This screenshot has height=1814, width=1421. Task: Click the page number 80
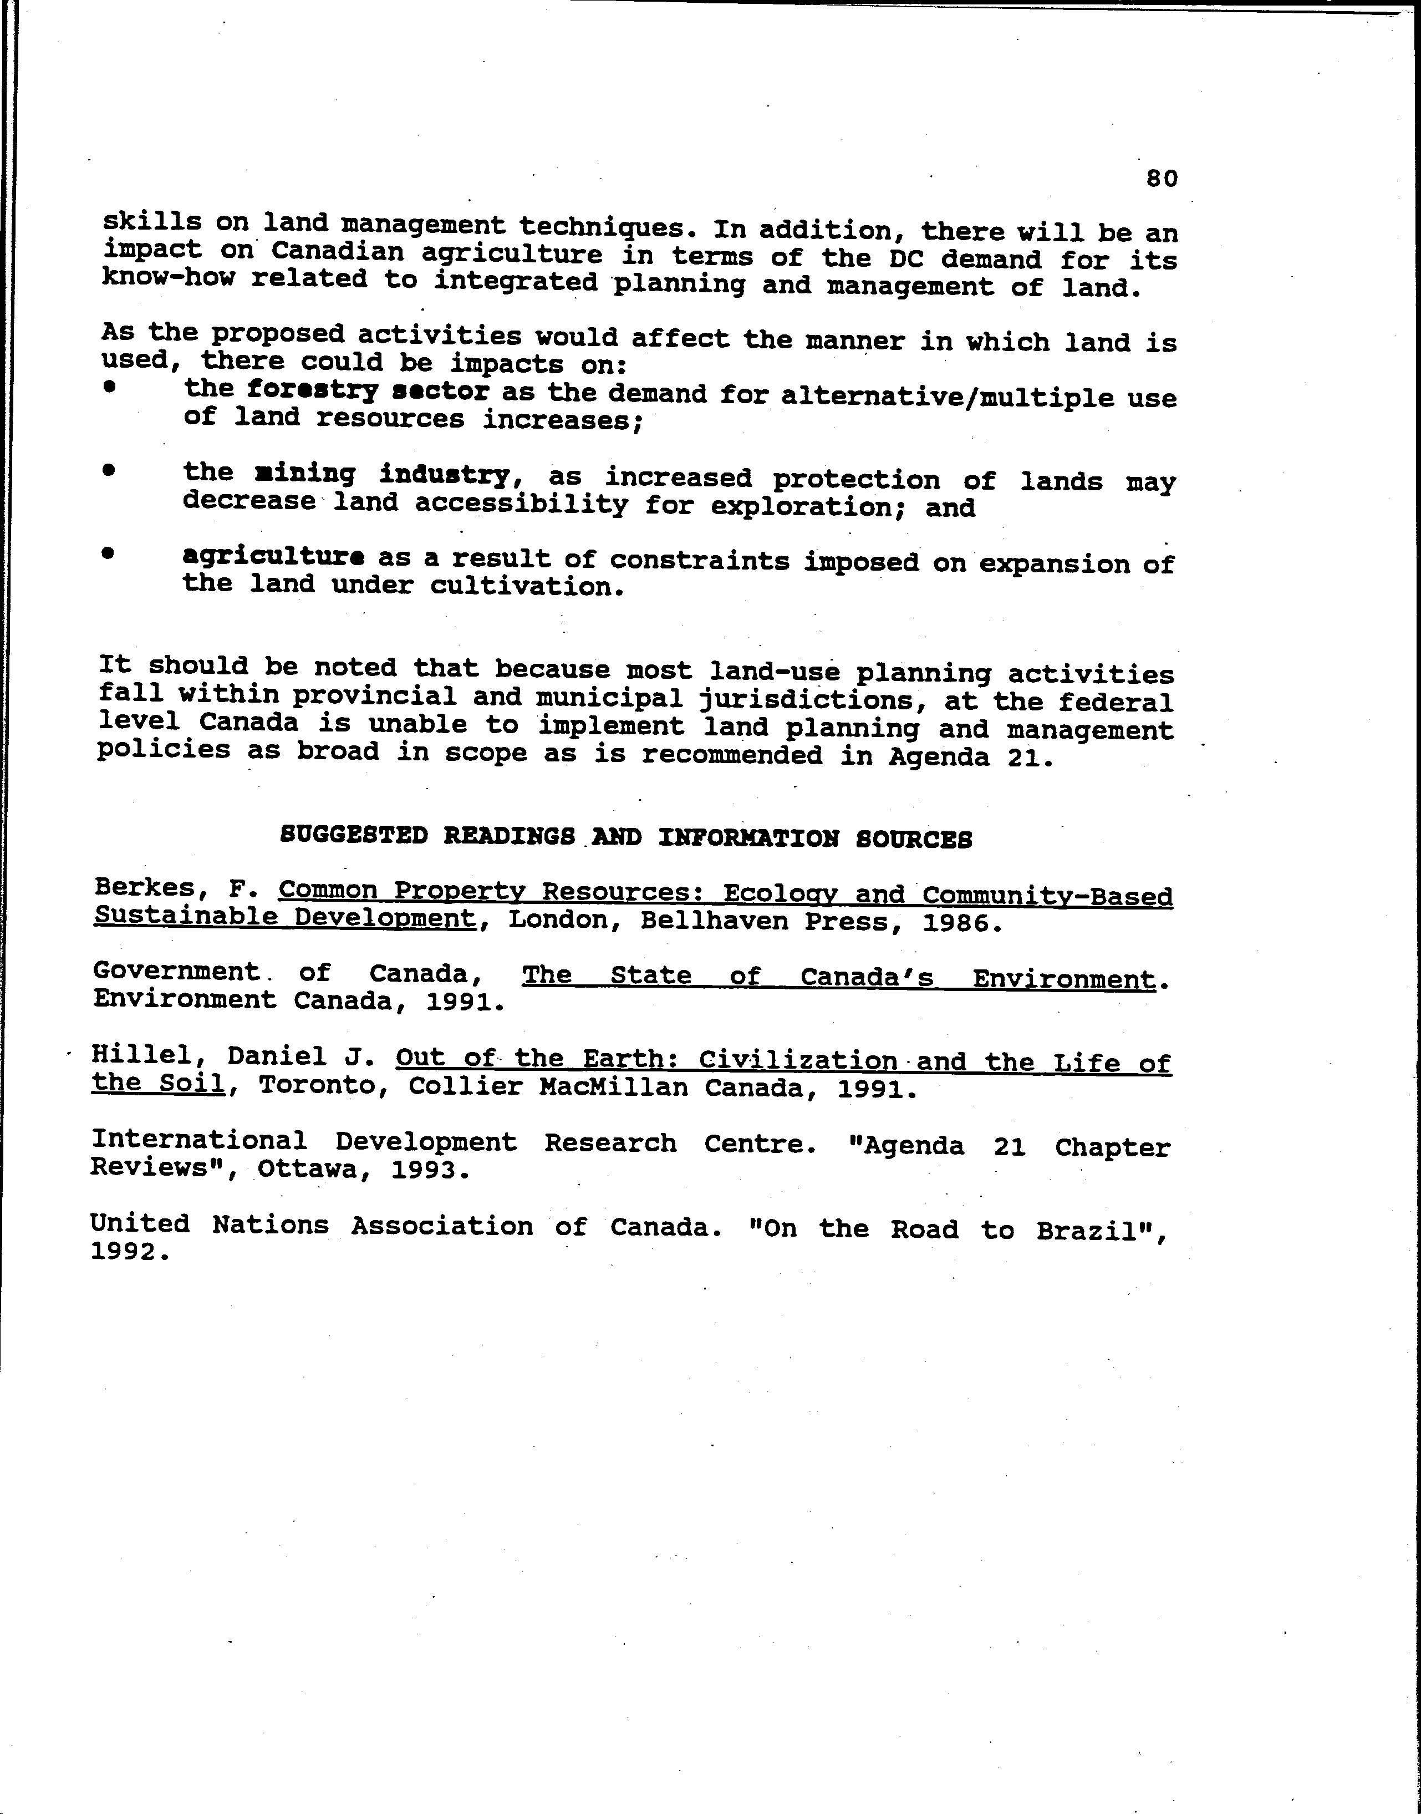[1162, 178]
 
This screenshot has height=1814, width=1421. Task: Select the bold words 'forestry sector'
[368, 390]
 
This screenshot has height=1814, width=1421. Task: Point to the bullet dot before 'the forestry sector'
[108, 385]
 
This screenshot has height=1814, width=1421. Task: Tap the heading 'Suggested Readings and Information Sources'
[625, 837]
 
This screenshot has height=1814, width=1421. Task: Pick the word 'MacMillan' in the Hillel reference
[613, 1089]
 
